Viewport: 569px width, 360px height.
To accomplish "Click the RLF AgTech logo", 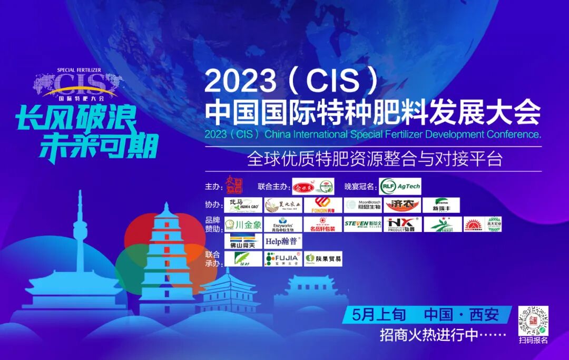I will tap(400, 186).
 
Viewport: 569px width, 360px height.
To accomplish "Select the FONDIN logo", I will tap(323, 205).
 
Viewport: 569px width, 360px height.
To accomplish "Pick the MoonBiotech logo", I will tap(363, 205).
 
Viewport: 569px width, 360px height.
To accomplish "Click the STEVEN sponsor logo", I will tap(362, 225).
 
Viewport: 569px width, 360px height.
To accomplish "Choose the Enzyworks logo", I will tap(283, 225).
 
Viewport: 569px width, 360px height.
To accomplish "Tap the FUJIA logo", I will tap(283, 259).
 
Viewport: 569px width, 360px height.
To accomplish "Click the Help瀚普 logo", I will tap(283, 241).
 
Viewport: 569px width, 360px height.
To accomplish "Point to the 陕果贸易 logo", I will tap(323, 259).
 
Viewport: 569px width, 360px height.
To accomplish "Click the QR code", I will tap(533, 320).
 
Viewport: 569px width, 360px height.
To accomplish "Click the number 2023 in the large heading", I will tap(240, 81).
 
